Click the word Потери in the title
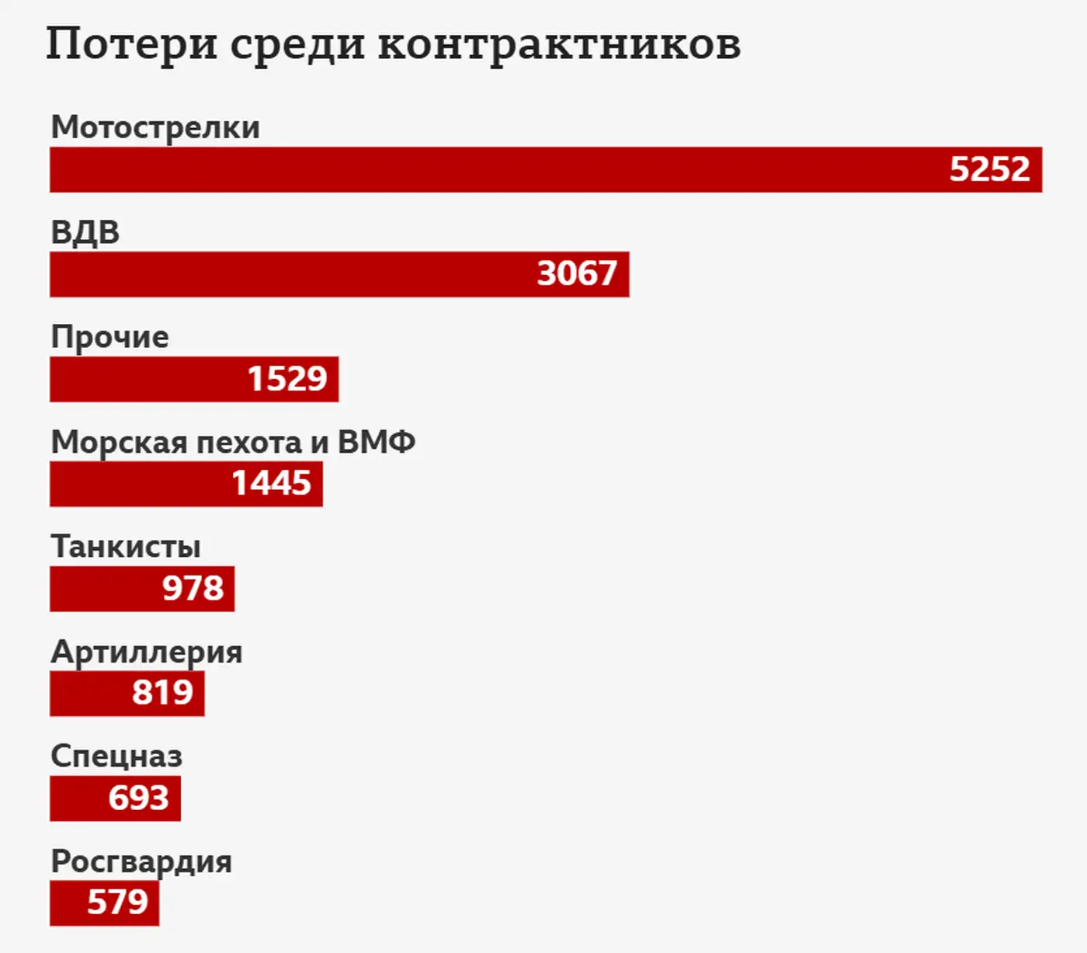[131, 44]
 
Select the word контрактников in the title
[559, 44]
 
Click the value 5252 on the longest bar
[989, 169]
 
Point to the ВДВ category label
[85, 232]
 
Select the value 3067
[577, 274]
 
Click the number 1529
[287, 379]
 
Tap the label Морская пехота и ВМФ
[233, 443]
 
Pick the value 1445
[271, 484]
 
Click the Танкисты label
[126, 547]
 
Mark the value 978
[193, 589]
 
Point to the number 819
[162, 693]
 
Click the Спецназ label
[116, 756]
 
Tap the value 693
[138, 798]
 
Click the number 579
[117, 903]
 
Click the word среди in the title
[297, 44]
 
